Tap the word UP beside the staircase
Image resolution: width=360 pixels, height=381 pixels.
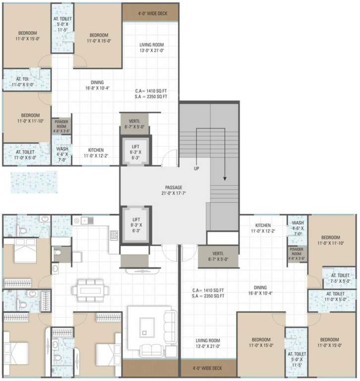point(197,169)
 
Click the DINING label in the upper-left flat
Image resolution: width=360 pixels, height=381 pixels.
point(97,85)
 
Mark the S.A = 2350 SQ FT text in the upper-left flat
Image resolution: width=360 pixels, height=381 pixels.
point(150,97)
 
